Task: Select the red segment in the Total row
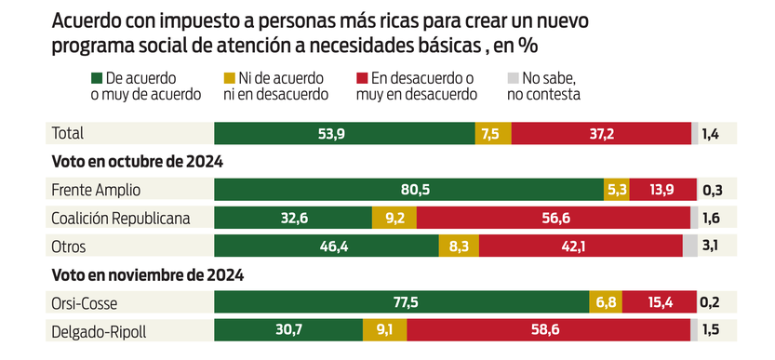[x=601, y=134]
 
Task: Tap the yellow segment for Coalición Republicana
[x=394, y=218]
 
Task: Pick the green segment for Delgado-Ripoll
[x=288, y=329]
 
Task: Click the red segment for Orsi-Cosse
[x=659, y=302]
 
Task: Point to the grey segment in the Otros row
[x=689, y=246]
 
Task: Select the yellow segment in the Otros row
[x=459, y=246]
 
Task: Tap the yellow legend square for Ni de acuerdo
[x=230, y=79]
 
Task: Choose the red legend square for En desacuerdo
[x=363, y=79]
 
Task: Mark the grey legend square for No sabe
[x=513, y=79]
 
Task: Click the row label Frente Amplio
[x=97, y=190]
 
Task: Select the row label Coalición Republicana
[x=121, y=218]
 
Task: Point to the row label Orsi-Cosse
[x=86, y=302]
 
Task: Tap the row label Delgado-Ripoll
[x=99, y=329]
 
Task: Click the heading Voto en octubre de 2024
[x=137, y=162]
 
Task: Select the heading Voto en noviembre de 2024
[x=147, y=274]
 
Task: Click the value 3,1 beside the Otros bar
[x=711, y=246]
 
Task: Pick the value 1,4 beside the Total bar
[x=711, y=134]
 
